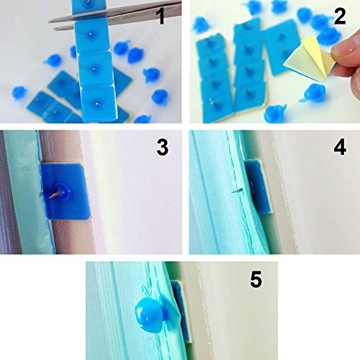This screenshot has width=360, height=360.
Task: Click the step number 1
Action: click(x=161, y=16)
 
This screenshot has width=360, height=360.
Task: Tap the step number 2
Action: click(x=340, y=16)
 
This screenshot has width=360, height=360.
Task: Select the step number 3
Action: click(x=163, y=147)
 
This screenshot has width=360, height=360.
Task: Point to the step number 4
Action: click(x=340, y=147)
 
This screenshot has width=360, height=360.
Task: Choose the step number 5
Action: click(x=256, y=279)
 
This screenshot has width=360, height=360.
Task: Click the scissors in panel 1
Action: click(x=115, y=15)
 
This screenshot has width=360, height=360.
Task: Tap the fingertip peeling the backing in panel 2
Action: click(x=347, y=55)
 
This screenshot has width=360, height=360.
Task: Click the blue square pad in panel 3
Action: click(x=65, y=191)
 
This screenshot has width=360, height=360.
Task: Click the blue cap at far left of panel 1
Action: click(x=19, y=93)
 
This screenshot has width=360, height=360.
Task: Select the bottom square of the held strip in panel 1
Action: click(x=99, y=103)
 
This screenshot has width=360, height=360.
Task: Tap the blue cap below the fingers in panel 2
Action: click(x=315, y=93)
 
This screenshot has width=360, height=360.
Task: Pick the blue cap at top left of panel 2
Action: click(x=201, y=24)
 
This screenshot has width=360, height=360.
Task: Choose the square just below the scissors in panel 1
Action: click(x=91, y=37)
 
